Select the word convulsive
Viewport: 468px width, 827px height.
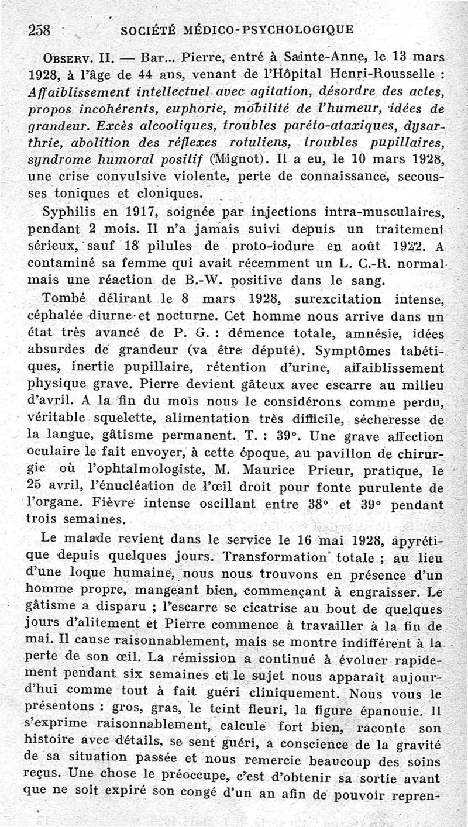140,176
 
